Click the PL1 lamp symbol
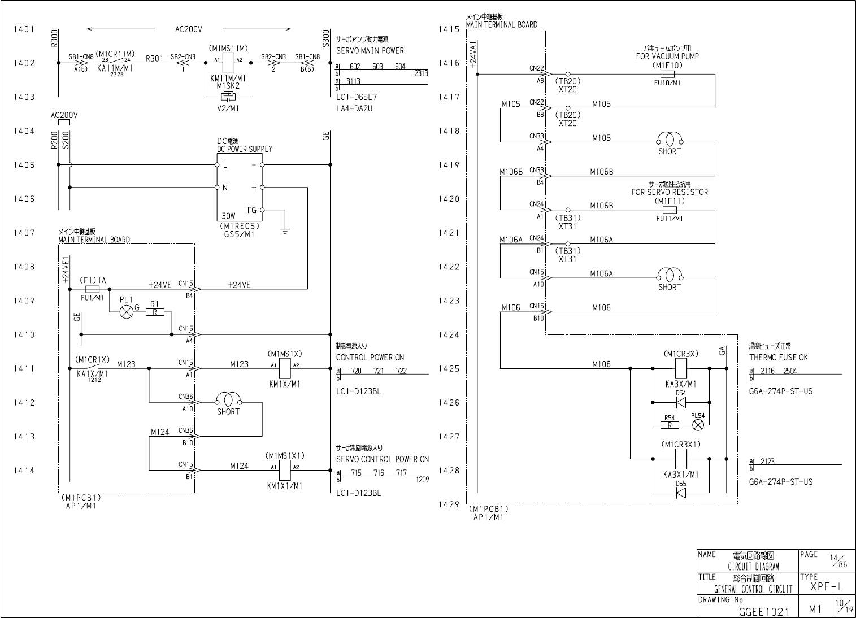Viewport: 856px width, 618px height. (x=126, y=311)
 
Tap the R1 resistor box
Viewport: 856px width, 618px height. (x=154, y=312)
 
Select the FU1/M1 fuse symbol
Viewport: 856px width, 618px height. (x=92, y=289)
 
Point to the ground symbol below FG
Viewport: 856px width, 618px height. (x=285, y=230)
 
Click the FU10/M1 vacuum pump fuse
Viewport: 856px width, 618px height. (x=667, y=74)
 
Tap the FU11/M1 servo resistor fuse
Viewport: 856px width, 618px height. (x=669, y=210)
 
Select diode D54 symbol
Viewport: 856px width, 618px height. (x=680, y=402)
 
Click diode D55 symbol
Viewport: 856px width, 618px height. (x=681, y=493)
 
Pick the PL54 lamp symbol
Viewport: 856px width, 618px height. (x=698, y=424)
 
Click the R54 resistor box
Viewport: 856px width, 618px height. (x=670, y=425)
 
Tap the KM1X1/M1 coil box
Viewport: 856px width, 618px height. (x=285, y=469)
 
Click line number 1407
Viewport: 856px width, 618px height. (x=24, y=232)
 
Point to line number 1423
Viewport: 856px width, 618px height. (x=449, y=301)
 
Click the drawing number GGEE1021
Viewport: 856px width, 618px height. (x=763, y=611)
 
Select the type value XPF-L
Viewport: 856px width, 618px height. (x=827, y=587)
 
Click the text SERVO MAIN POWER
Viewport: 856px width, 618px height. (x=370, y=50)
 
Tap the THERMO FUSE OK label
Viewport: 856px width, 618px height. (x=779, y=357)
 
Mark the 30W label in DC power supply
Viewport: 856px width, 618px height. (x=228, y=216)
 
